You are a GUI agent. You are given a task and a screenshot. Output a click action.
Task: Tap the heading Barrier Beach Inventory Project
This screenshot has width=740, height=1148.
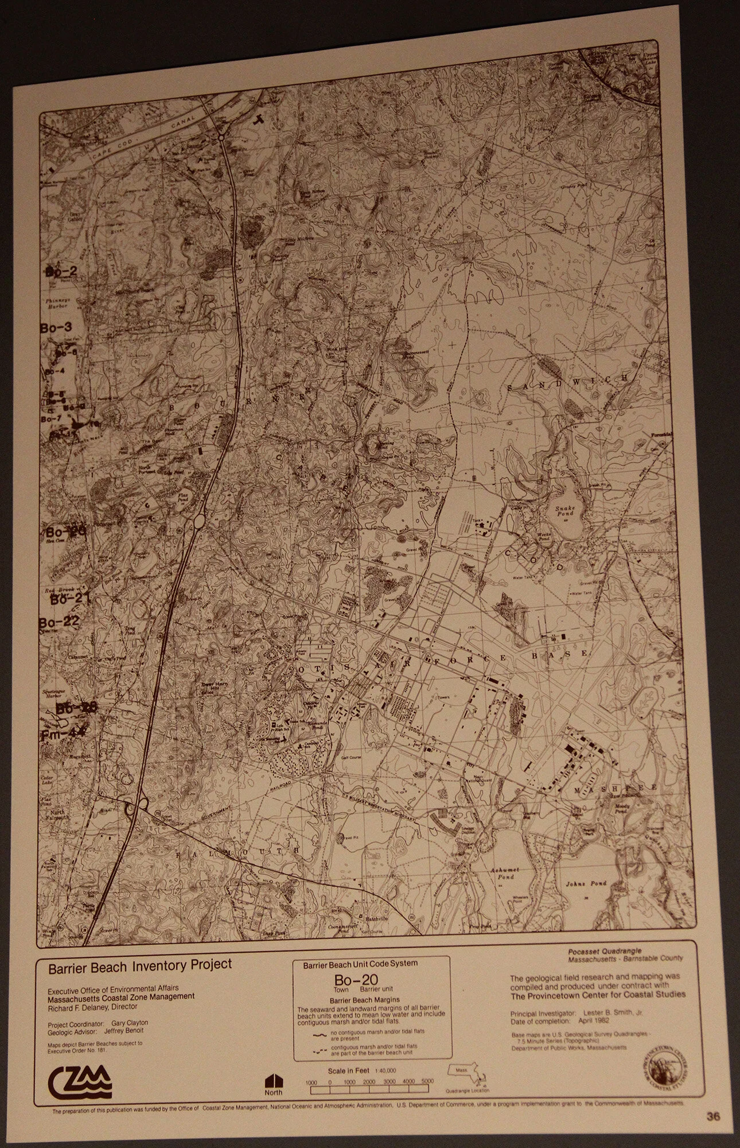[140, 965]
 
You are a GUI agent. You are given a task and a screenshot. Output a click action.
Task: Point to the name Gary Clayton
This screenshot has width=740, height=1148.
[130, 1023]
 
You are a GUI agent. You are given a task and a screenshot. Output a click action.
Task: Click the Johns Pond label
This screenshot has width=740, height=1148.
[583, 899]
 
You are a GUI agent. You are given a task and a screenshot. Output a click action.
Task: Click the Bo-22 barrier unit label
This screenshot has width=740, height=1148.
[59, 622]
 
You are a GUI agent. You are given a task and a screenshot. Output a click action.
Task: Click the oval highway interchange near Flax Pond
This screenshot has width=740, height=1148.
[199, 521]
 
